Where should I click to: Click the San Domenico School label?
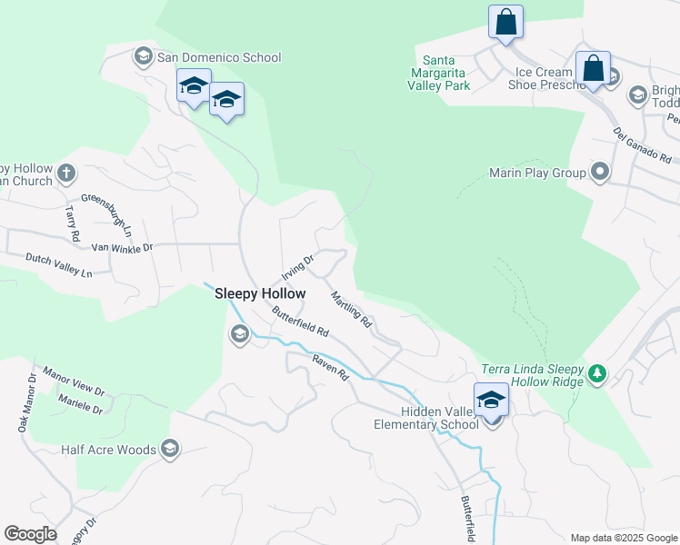[218, 57]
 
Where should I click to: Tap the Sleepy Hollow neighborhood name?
[259, 293]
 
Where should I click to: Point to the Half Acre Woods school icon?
[169, 448]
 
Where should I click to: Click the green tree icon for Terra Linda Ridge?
[596, 373]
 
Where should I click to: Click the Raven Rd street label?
[330, 367]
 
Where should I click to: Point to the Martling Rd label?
[351, 309]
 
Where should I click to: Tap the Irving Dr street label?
[297, 267]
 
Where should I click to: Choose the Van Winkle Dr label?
[123, 245]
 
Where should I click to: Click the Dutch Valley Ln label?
[59, 265]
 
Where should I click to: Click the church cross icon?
[65, 172]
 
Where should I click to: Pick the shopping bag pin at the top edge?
[505, 22]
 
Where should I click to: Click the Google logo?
[30, 534]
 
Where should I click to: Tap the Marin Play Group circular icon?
[599, 172]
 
